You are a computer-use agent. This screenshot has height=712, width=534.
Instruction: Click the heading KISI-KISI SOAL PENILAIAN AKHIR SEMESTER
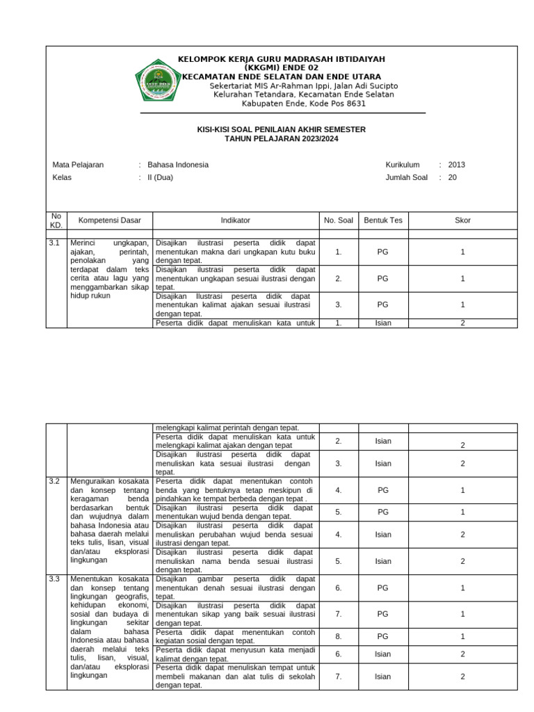pos(282,130)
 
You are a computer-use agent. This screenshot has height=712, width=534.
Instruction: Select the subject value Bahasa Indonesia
pos(178,165)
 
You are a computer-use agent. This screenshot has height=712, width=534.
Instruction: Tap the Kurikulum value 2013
pos(457,165)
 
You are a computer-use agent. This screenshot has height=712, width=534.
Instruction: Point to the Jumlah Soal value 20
pos(453,177)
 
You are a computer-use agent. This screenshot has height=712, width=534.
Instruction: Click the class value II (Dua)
pos(160,177)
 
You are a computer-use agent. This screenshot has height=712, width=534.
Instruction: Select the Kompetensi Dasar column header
pos(110,220)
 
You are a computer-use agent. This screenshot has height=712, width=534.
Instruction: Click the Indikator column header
pos(236,220)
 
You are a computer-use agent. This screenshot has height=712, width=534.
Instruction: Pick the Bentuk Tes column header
pos(383,220)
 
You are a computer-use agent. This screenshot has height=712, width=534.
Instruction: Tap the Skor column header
pos(462,220)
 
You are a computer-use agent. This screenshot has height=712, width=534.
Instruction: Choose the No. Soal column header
pos(339,220)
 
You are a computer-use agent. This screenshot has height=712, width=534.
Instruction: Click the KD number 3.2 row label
pos(54,481)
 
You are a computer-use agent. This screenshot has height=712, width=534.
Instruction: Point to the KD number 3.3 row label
pos(54,578)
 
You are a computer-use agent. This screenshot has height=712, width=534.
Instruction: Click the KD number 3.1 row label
pos(54,243)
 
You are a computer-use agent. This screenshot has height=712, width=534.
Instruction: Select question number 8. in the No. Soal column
pos(339,636)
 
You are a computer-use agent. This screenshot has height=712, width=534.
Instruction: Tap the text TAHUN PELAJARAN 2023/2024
pos(282,139)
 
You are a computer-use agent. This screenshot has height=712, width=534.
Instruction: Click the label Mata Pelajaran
pos(78,165)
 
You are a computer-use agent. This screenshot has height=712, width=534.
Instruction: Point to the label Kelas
pos(62,177)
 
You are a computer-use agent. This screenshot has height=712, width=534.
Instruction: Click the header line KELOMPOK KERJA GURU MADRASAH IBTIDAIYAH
pos(282,59)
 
